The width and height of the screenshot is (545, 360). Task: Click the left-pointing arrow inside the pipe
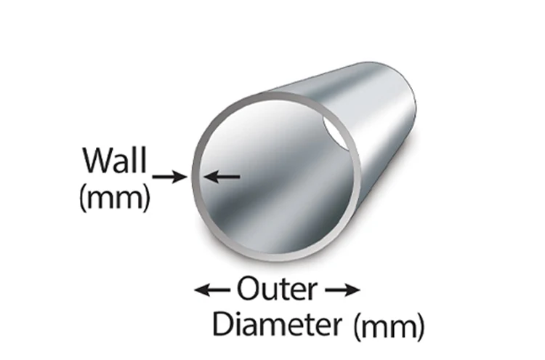point(222,175)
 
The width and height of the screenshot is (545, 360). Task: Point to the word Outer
point(276,289)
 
